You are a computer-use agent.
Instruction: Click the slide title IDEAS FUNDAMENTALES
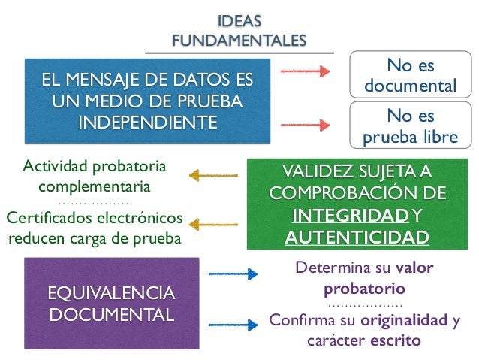coord(239,31)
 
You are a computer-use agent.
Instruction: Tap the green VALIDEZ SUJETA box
coord(357,203)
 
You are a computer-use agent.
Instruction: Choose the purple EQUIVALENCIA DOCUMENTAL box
coord(111,301)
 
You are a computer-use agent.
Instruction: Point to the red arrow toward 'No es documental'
coord(305,71)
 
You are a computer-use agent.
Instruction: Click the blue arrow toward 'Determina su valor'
coord(233,275)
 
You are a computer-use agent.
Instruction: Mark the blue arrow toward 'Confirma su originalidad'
coord(233,324)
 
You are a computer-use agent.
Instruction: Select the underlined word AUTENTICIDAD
coord(357,237)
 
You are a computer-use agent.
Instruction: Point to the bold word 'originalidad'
coord(405,322)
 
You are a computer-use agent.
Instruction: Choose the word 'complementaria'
coord(95,185)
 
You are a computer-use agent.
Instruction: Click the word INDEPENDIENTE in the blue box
coord(147,120)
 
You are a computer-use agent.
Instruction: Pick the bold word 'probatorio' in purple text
coord(364,288)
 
